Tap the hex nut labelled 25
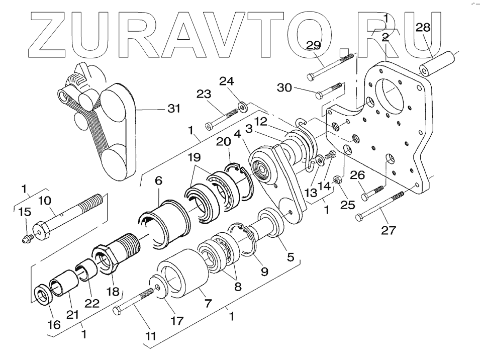point(338,192)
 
